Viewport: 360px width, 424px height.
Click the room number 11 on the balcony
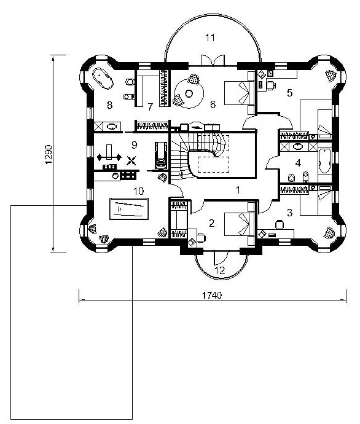point(209,37)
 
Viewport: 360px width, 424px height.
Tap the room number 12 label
point(221,270)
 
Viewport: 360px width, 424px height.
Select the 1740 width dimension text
point(212,296)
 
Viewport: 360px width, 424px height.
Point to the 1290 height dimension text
point(49,154)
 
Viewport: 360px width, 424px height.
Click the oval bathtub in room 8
point(103,78)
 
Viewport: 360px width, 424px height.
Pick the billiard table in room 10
point(129,209)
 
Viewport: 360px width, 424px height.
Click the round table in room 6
point(189,93)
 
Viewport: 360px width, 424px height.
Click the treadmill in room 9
point(160,155)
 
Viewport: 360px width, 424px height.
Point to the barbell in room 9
point(109,156)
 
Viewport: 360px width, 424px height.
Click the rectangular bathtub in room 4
point(324,161)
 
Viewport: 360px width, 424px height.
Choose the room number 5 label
point(289,93)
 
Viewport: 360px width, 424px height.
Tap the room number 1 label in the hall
point(238,190)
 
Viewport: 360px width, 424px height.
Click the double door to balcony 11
point(213,60)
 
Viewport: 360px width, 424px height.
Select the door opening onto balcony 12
point(221,257)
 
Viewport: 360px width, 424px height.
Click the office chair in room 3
point(280,225)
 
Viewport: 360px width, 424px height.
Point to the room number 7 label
point(151,107)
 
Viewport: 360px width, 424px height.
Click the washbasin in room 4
point(299,147)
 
